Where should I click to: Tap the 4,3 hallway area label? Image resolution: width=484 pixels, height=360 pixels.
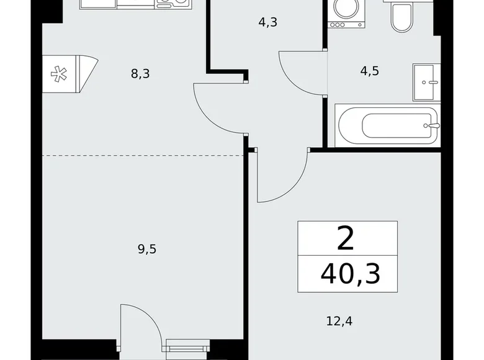click(x=267, y=23)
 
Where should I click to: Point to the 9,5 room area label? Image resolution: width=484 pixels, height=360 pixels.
click(x=146, y=250)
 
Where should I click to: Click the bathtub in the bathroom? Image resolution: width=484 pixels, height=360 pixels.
click(x=388, y=126)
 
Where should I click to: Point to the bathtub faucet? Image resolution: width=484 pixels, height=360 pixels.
click(x=432, y=125)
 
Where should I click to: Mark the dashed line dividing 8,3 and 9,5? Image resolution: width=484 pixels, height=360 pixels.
click(x=143, y=155)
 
